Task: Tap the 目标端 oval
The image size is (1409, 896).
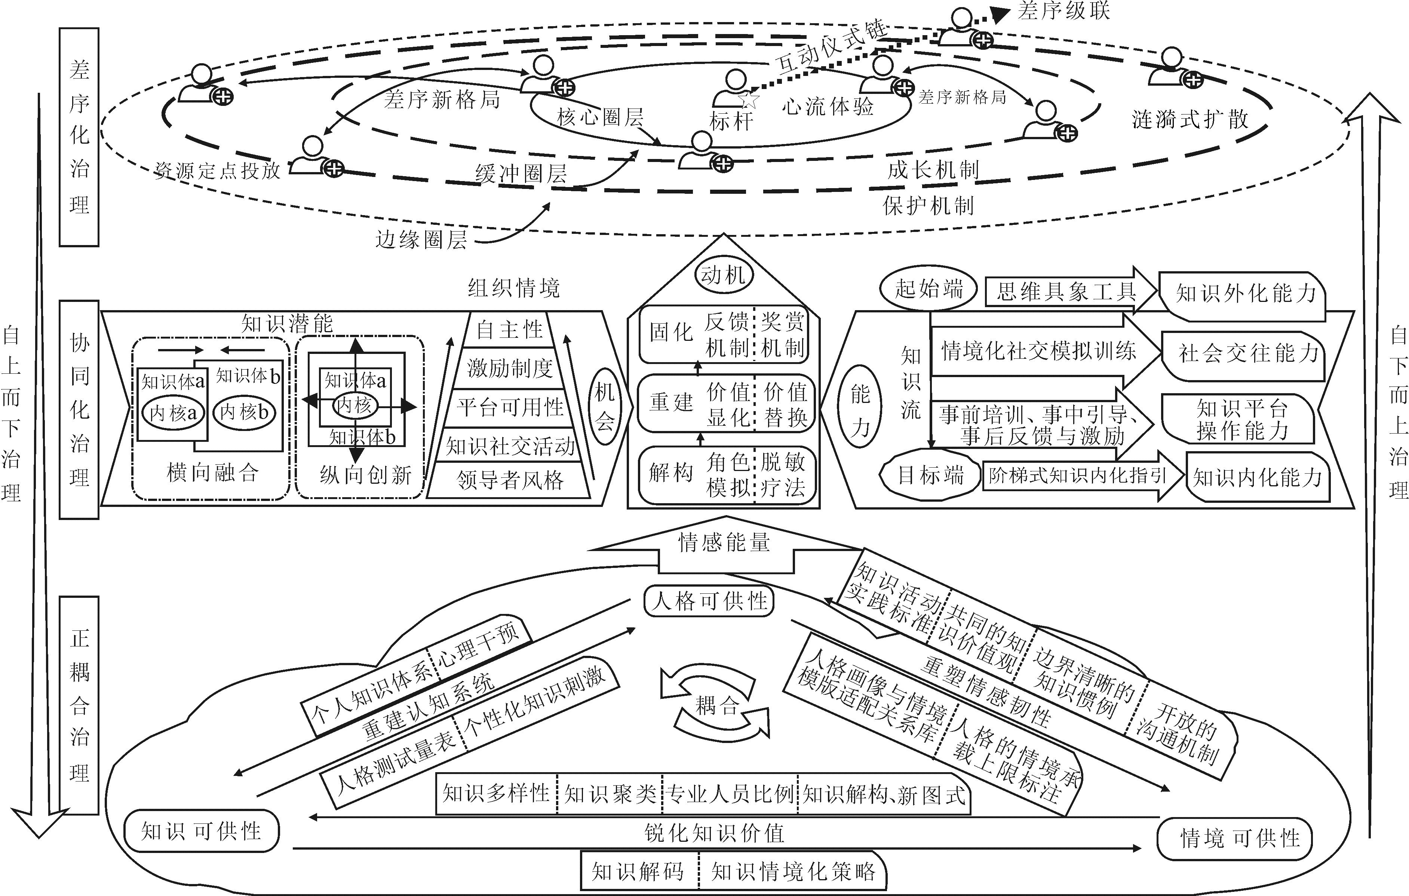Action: (930, 475)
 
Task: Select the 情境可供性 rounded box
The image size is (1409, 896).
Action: (1235, 838)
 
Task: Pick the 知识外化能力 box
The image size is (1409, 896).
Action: (1241, 294)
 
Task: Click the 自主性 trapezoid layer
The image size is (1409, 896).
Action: (510, 330)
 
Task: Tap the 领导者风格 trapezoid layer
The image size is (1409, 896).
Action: (510, 480)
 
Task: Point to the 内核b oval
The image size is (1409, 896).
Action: (244, 413)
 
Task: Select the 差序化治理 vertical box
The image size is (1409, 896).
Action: (79, 137)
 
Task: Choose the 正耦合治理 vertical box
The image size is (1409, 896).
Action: (79, 705)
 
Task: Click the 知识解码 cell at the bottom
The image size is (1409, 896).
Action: (638, 871)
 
